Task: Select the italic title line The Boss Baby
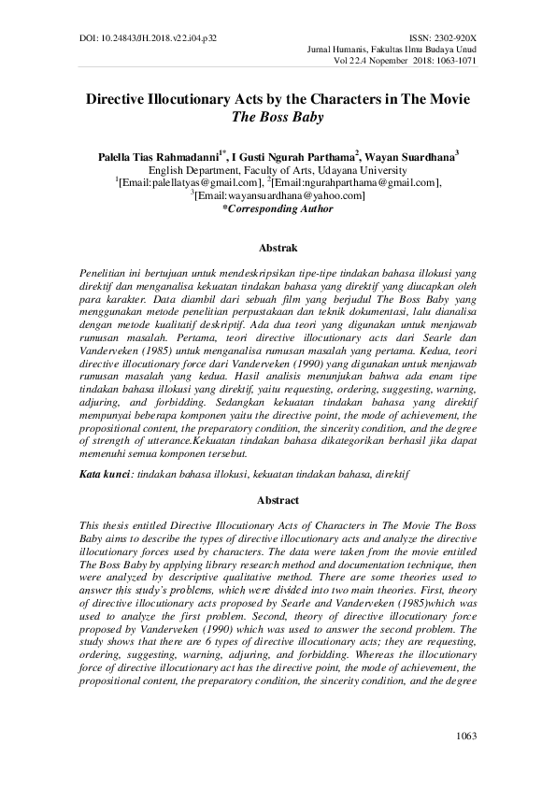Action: [x=278, y=119]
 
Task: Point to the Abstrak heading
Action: [x=278, y=248]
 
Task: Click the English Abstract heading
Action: [x=278, y=500]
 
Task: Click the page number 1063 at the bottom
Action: [x=466, y=737]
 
